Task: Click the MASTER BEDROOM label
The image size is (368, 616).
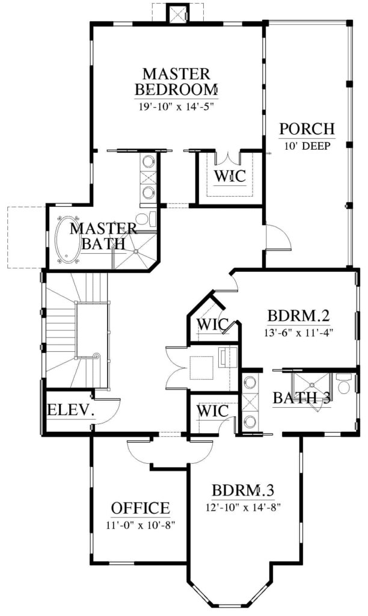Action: (176, 82)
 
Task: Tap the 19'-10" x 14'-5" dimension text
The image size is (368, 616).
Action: (176, 106)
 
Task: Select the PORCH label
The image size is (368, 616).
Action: (307, 129)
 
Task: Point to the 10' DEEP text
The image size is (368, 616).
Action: (307, 146)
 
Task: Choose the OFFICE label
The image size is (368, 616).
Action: (141, 508)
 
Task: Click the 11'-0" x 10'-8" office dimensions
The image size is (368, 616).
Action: (140, 525)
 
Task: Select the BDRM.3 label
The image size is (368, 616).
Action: (243, 491)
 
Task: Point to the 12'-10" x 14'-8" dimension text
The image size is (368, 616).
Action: (242, 508)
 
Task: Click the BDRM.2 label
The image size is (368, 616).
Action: (298, 316)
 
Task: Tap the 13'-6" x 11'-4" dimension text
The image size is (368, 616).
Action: (298, 333)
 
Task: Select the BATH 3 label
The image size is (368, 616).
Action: (301, 398)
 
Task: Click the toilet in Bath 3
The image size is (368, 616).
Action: (345, 383)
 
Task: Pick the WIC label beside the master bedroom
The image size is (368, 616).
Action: (230, 176)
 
